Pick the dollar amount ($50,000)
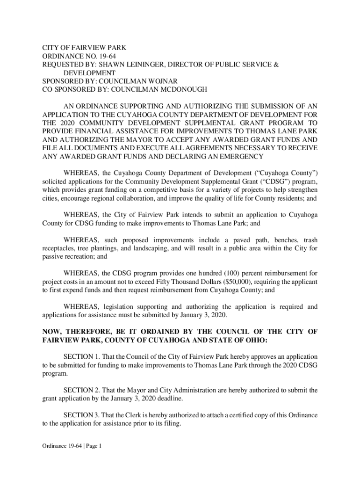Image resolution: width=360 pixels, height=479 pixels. click(x=236, y=282)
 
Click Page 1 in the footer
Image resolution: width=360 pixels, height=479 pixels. click(x=93, y=446)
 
